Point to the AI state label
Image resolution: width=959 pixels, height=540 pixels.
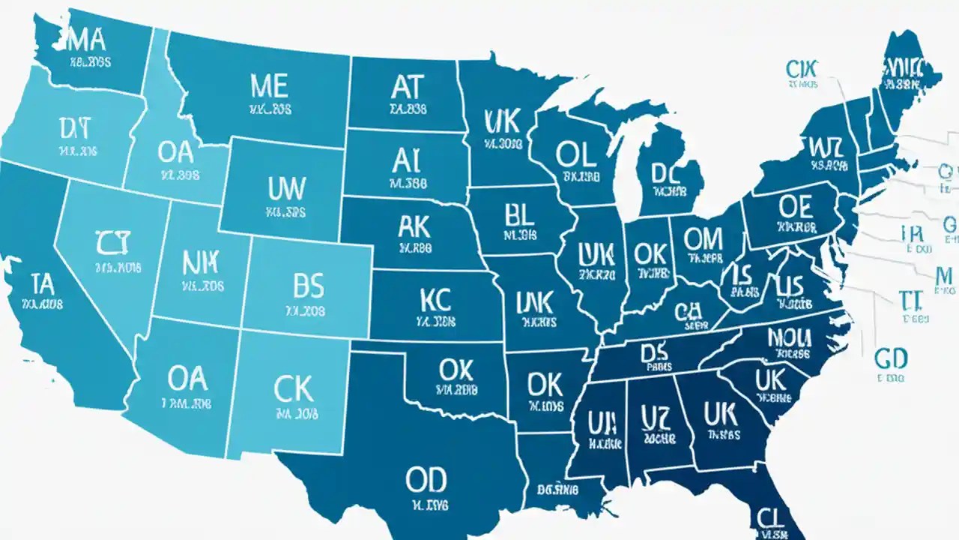pos(406,159)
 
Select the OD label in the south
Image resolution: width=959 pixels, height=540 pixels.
pos(426,478)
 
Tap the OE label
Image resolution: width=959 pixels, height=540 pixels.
pos(796,205)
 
